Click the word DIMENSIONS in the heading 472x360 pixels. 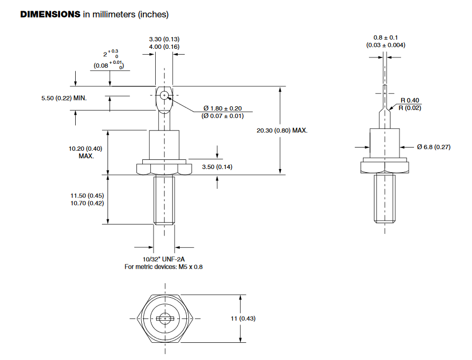pos(50,14)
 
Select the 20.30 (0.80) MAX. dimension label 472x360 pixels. pos(283,130)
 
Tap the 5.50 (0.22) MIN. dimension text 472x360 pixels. pos(64,99)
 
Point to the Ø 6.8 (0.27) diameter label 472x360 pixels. pos(435,146)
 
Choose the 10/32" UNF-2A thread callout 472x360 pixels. pos(164,259)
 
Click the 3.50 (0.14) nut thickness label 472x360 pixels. pos(217,167)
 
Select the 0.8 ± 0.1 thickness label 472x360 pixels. pos(386,38)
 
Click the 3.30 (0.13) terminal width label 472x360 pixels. pos(164,39)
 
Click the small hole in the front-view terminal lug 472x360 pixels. pos(164,95)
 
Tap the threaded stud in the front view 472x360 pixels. pos(164,200)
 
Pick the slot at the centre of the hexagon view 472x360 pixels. pos(164,319)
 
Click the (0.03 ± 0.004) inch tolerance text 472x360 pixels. pos(386,45)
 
